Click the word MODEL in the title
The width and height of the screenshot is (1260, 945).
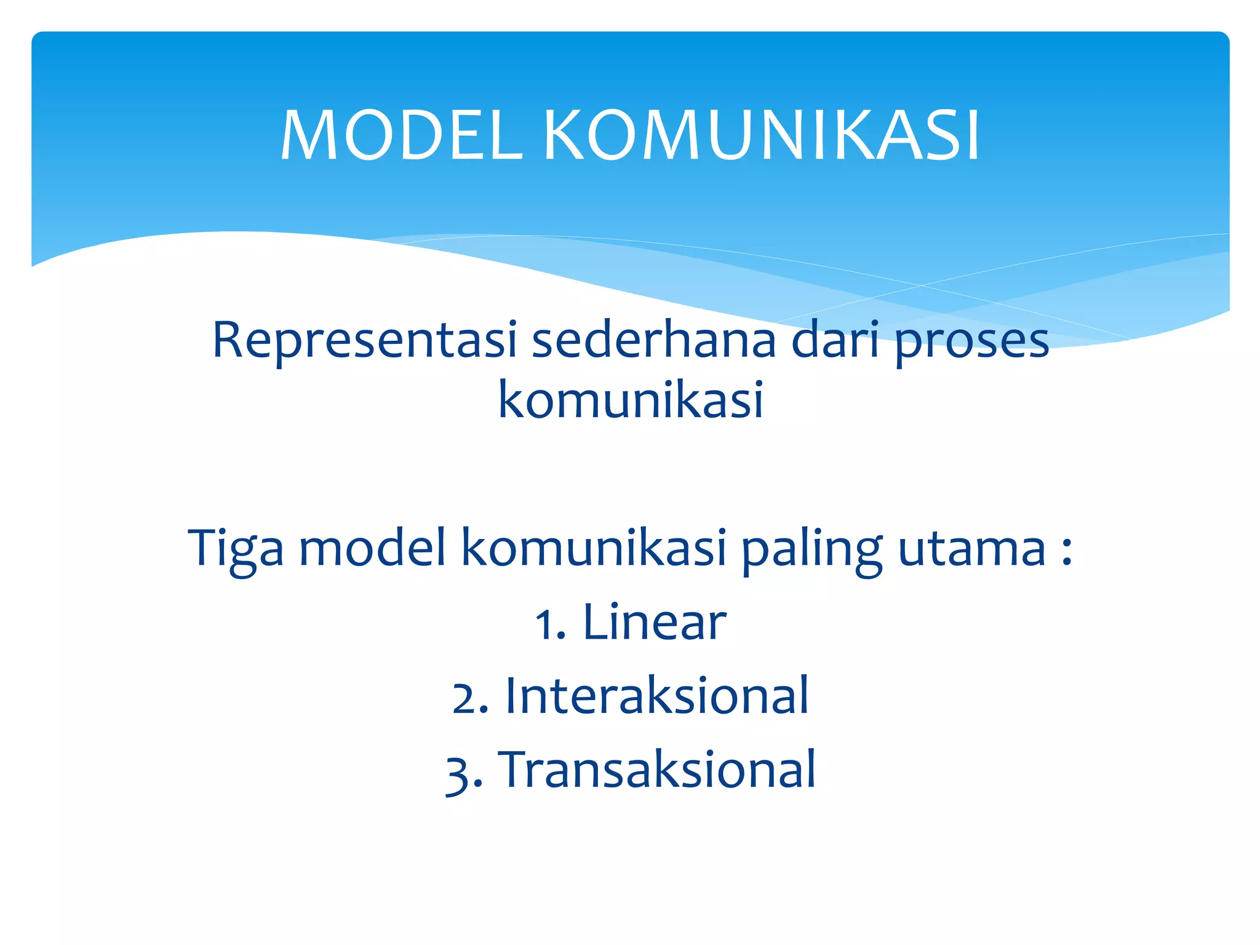coord(401,135)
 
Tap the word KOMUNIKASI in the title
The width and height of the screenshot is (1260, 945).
coord(761,135)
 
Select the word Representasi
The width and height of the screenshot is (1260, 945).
coord(364,341)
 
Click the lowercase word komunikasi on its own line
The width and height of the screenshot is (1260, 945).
coord(630,400)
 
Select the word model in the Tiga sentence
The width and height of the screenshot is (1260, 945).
coord(372,548)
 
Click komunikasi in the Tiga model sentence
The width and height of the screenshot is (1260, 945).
coord(594,548)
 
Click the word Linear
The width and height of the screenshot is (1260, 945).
coord(654,623)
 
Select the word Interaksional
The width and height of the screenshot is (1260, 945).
coord(656,696)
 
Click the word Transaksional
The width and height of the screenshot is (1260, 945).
coord(660,770)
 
